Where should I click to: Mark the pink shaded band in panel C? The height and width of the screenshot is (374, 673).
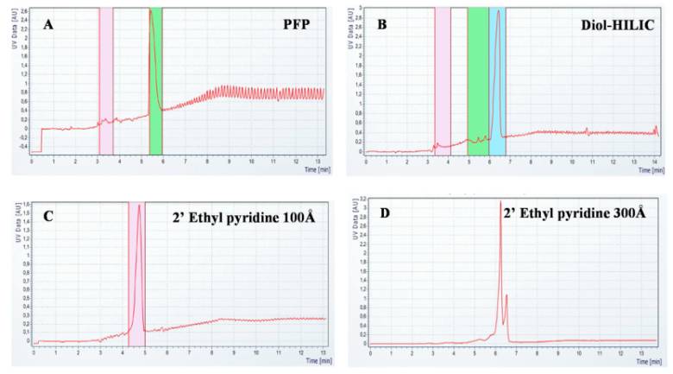pyautogui.click(x=136, y=276)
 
